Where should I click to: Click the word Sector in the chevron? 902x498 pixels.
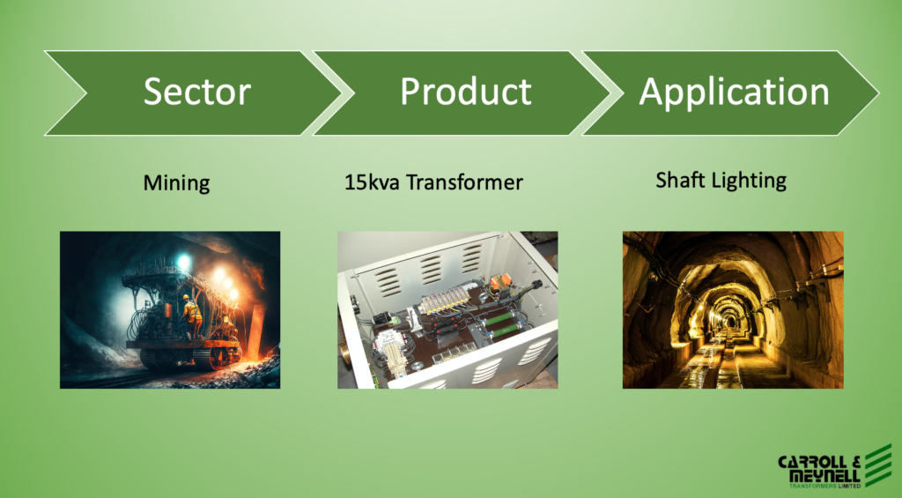click(x=196, y=92)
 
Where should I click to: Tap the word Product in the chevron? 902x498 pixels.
click(x=466, y=92)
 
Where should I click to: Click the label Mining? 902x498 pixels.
click(x=176, y=183)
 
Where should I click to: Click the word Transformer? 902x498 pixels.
click(x=465, y=182)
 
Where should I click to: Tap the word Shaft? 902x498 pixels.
click(x=676, y=180)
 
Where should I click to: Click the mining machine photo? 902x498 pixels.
click(x=170, y=309)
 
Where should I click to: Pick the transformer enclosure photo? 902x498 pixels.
click(x=447, y=309)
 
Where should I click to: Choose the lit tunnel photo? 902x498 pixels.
click(x=733, y=309)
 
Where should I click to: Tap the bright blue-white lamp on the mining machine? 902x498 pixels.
click(x=183, y=264)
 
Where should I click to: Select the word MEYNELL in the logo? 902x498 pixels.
click(x=824, y=476)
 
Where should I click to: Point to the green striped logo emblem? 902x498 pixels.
click(x=878, y=465)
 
